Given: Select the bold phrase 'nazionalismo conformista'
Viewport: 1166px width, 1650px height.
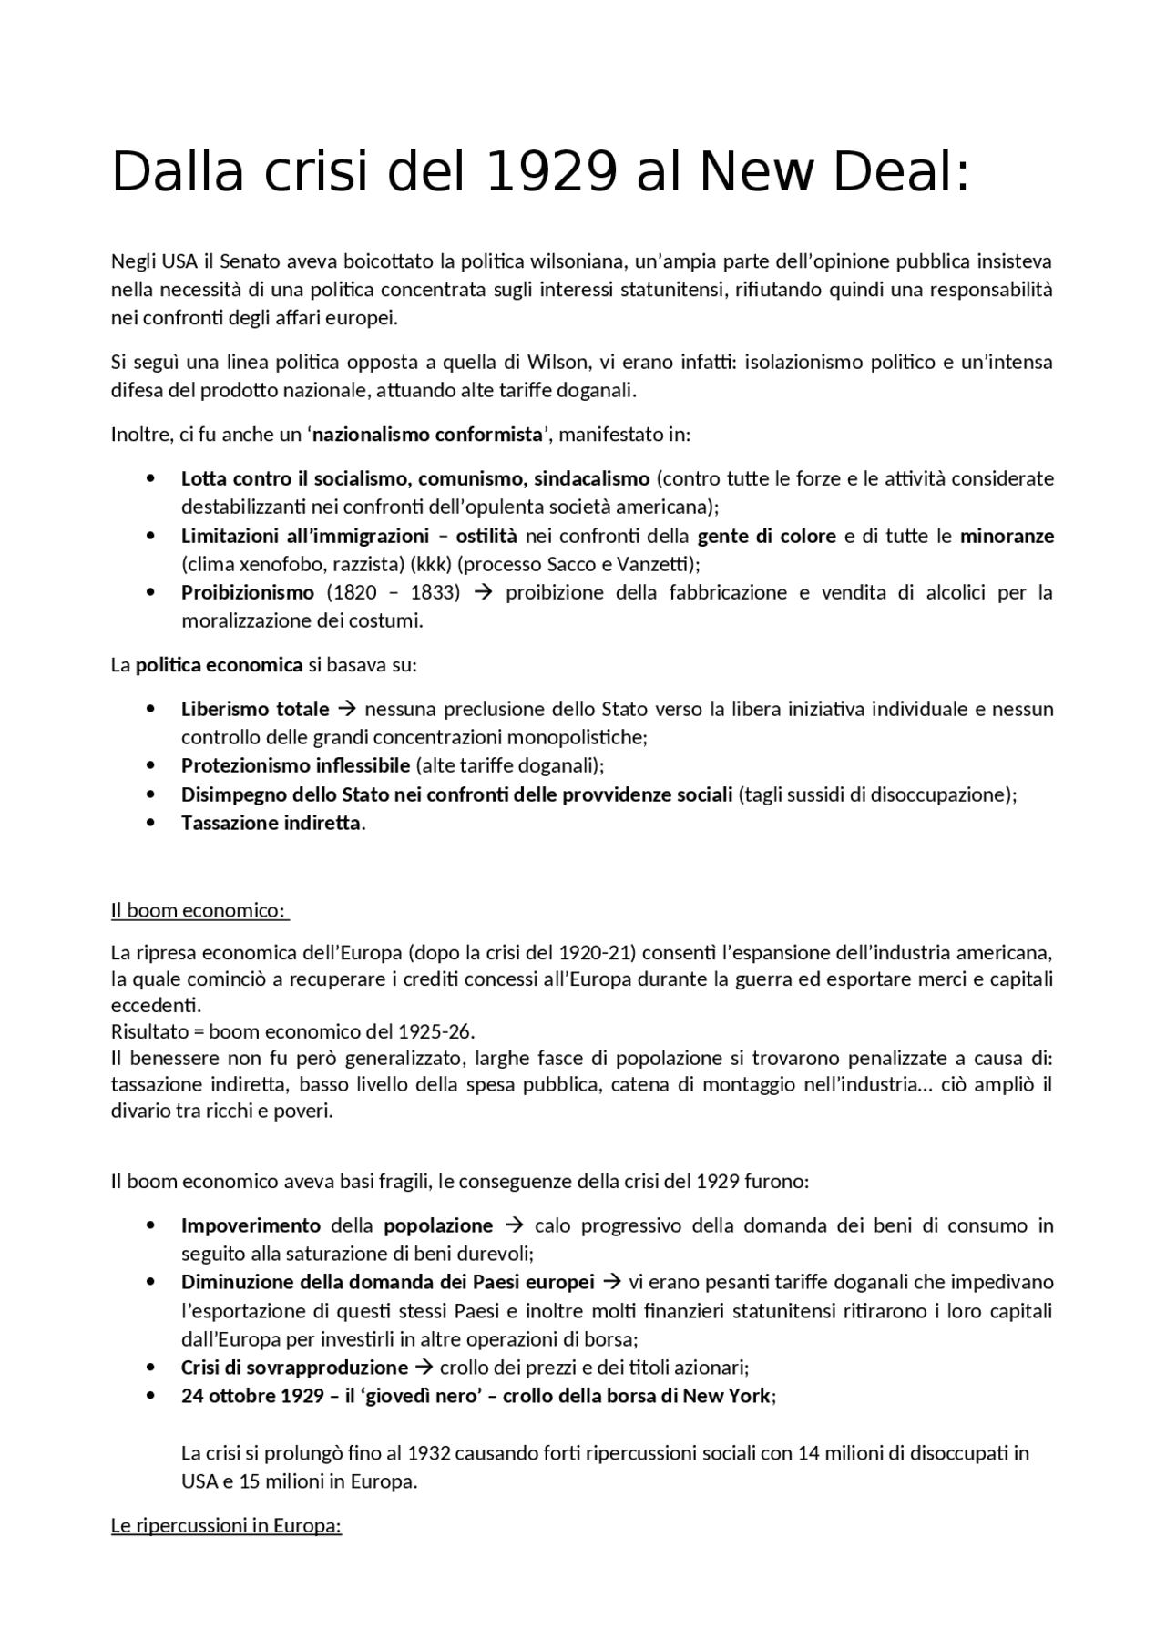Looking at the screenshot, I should tap(427, 435).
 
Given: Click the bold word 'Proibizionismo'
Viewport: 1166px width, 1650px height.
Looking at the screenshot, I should tap(248, 593).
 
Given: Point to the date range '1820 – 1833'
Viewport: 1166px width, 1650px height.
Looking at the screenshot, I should tap(394, 593).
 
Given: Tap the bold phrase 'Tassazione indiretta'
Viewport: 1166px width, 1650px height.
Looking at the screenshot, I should tap(271, 824).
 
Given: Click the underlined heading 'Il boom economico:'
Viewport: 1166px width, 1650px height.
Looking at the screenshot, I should tap(199, 911).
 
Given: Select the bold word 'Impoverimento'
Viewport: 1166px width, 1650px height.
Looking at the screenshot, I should tap(251, 1226).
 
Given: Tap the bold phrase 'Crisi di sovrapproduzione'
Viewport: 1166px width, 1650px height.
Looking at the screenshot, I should tap(294, 1368).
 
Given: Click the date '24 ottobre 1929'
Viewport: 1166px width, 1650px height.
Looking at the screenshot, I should tap(252, 1397).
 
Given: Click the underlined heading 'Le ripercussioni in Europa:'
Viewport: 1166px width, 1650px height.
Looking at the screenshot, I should tap(226, 1526).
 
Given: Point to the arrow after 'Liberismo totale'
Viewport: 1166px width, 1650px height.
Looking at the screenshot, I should tap(346, 709).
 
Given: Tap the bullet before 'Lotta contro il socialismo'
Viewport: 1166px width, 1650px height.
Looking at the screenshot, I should tap(150, 478).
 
